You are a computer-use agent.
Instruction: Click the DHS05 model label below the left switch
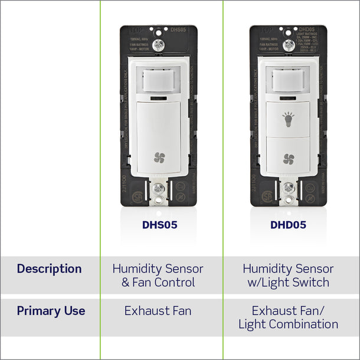(159, 225)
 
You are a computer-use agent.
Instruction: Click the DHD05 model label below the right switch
(288, 225)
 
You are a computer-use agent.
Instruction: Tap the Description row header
(49, 269)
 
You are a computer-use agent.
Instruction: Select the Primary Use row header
(51, 311)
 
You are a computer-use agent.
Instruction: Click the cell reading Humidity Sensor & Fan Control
(158, 275)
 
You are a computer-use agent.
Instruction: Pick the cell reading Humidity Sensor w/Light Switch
(288, 275)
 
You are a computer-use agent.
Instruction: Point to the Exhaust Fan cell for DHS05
(158, 311)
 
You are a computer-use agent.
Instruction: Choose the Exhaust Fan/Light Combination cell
(288, 318)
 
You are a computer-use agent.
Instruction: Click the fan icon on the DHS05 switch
(159, 157)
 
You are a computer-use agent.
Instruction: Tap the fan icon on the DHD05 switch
(289, 158)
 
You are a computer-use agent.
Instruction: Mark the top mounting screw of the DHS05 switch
(158, 45)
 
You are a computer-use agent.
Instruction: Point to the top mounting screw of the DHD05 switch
(287, 45)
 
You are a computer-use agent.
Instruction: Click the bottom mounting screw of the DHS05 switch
(158, 189)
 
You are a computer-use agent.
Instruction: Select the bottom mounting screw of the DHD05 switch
(288, 188)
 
